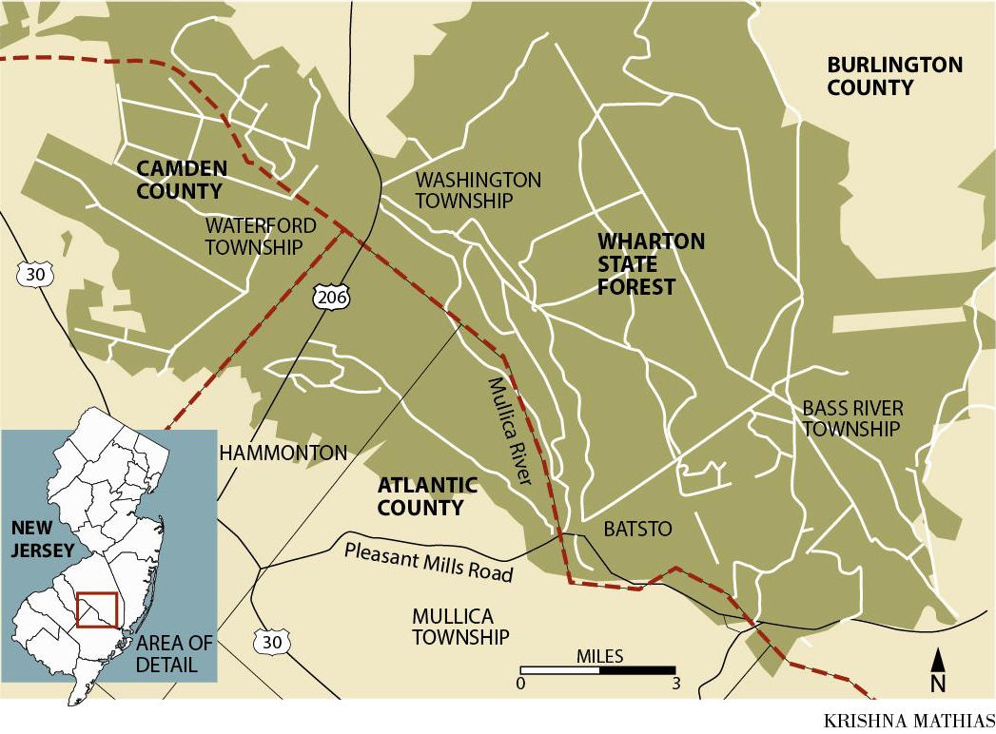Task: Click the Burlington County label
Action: [x=894, y=76]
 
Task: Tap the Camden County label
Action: [x=182, y=180]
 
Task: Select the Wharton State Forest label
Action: [x=651, y=263]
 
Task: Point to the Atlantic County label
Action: [x=427, y=496]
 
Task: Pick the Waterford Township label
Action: [x=254, y=237]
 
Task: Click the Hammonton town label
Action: [x=283, y=454]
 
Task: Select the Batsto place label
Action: [x=638, y=529]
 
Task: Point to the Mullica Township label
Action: [x=460, y=627]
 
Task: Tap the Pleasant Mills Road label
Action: [x=429, y=562]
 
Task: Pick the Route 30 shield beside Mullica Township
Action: [x=272, y=642]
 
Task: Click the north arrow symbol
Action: [x=937, y=670]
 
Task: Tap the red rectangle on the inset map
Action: [x=96, y=609]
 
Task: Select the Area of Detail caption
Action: [x=174, y=653]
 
